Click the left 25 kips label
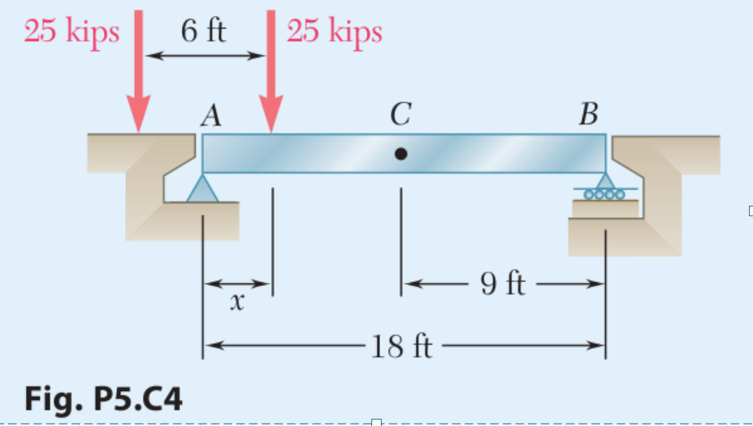[71, 33]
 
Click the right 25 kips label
[334, 33]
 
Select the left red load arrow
[139, 73]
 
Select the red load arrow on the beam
[270, 73]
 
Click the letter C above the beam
[399, 116]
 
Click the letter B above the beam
[587, 116]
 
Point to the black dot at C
[400, 153]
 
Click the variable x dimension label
[236, 302]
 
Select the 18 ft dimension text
[401, 347]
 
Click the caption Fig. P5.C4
[104, 399]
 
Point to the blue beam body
[487, 153]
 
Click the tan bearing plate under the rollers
[604, 208]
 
